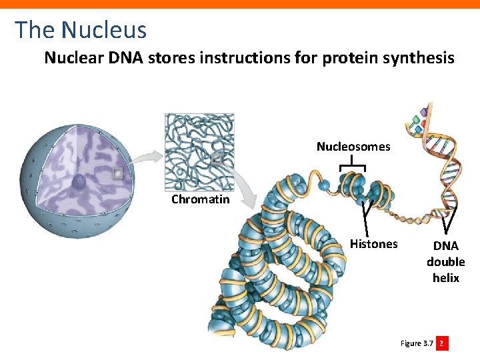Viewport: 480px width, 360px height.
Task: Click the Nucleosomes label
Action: [x=353, y=147]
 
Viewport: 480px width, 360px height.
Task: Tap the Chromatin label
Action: [x=200, y=199]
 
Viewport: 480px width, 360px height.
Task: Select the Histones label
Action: [x=373, y=244]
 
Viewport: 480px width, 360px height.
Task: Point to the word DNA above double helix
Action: [x=445, y=246]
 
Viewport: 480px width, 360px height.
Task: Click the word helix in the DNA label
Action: [x=445, y=278]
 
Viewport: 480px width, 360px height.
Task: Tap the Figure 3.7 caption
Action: [x=416, y=343]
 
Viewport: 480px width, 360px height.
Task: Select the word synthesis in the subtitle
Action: [x=418, y=59]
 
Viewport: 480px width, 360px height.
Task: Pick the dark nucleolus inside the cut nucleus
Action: [x=79, y=181]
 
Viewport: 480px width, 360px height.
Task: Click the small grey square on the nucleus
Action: [x=118, y=174]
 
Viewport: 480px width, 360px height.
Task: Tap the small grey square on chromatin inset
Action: [x=217, y=159]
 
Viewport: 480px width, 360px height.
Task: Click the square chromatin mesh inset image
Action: [x=199, y=150]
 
